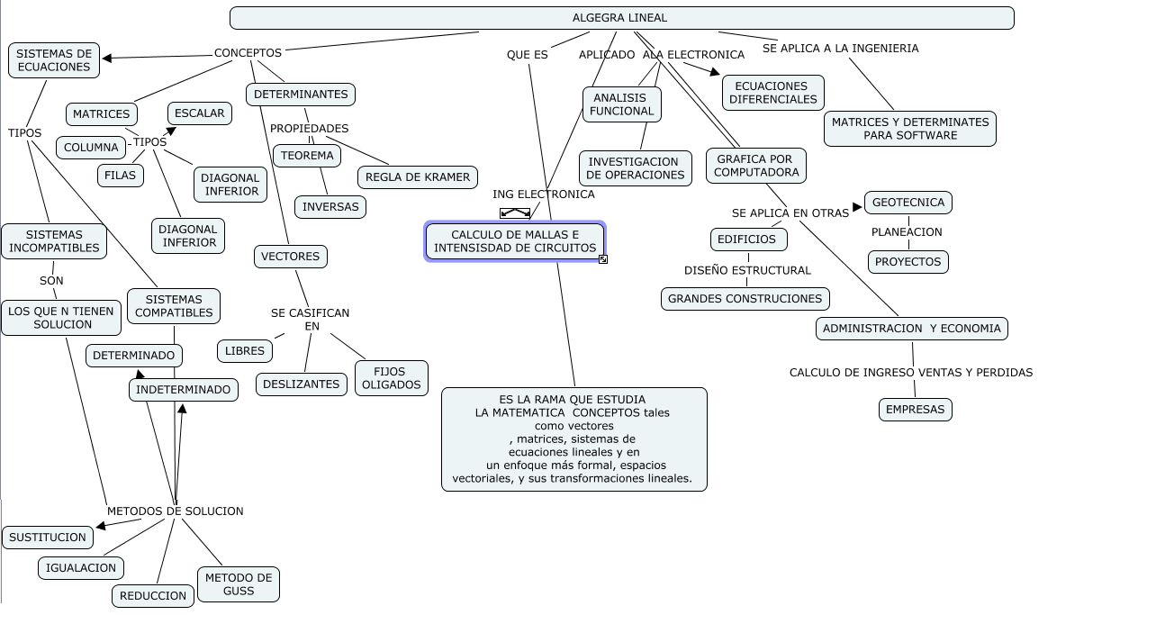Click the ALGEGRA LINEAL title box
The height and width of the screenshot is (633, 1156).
[621, 18]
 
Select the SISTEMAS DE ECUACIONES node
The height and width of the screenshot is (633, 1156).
[54, 60]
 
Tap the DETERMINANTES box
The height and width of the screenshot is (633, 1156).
[301, 95]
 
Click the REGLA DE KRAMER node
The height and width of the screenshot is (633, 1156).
[418, 177]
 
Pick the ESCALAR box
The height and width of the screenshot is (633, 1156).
[200, 113]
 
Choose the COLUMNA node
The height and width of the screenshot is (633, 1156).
[91, 148]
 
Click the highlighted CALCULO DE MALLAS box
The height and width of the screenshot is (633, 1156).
[515, 241]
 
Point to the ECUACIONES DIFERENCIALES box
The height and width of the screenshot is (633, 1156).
[773, 93]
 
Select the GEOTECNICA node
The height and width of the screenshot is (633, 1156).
[908, 203]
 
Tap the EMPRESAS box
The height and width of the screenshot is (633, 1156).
[916, 410]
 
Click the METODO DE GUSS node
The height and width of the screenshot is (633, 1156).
[239, 584]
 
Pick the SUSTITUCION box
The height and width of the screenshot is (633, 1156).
[48, 538]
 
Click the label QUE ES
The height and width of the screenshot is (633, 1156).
[528, 55]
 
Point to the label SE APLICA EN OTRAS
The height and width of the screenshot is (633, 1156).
[790, 213]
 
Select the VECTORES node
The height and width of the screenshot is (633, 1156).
[291, 257]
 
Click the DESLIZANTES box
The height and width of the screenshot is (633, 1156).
[302, 384]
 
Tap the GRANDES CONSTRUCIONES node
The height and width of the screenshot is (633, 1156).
[745, 299]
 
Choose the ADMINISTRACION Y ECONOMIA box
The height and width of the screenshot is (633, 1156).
[912, 329]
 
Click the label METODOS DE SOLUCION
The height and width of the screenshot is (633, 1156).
[176, 511]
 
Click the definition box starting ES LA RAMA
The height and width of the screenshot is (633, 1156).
[574, 439]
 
